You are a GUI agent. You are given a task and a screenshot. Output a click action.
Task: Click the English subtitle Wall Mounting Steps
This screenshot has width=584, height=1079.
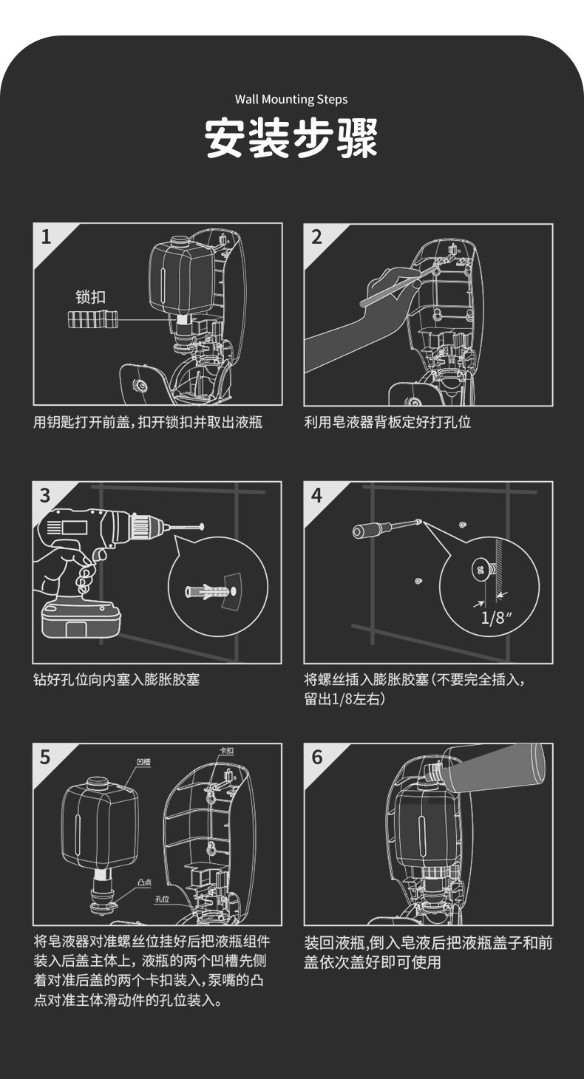pyautogui.click(x=291, y=99)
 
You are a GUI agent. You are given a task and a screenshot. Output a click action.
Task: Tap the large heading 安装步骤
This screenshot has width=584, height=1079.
pyautogui.click(x=291, y=137)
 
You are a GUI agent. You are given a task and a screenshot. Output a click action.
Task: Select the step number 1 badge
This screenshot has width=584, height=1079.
pyautogui.click(x=47, y=236)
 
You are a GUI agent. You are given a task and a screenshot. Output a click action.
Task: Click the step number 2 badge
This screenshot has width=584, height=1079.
pyautogui.click(x=317, y=236)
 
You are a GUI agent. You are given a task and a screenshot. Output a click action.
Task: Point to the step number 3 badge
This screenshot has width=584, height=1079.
pyautogui.click(x=46, y=495)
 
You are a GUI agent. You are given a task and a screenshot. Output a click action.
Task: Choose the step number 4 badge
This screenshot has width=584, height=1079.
pyautogui.click(x=317, y=495)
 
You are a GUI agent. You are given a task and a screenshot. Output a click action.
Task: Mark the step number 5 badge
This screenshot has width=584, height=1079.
pyautogui.click(x=46, y=757)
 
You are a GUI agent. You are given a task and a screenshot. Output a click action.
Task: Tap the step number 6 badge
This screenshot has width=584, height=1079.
pyautogui.click(x=317, y=757)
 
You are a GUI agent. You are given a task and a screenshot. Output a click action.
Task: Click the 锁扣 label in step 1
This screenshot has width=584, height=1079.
pyautogui.click(x=91, y=297)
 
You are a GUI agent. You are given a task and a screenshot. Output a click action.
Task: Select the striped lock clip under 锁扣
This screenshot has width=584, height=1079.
pyautogui.click(x=92, y=321)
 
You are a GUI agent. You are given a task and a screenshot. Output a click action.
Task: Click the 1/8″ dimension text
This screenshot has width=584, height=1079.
pyautogui.click(x=497, y=617)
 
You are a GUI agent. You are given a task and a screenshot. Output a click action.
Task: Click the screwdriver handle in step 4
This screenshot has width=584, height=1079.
pyautogui.click(x=369, y=531)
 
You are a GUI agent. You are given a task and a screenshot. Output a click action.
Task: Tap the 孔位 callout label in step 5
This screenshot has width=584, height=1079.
pyautogui.click(x=162, y=899)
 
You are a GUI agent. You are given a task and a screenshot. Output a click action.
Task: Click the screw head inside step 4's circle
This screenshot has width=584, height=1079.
pyautogui.click(x=479, y=571)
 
